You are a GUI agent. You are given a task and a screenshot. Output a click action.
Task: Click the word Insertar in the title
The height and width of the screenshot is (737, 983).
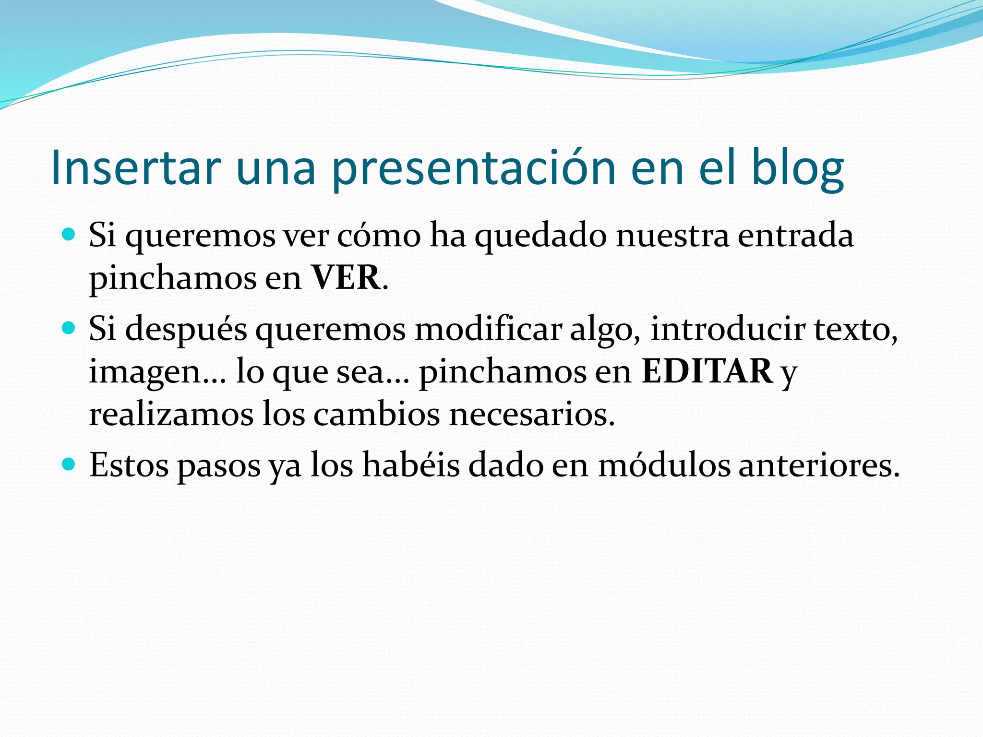coord(135,167)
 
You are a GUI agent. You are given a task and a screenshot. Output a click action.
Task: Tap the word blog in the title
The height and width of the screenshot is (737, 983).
coord(797,167)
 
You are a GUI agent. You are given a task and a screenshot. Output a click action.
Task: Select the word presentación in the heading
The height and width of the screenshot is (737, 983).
coord(473,167)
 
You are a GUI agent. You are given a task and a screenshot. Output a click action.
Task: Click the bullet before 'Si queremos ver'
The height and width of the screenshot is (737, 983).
coord(70,235)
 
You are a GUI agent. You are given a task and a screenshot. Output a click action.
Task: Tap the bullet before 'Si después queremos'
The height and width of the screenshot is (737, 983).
coord(70,328)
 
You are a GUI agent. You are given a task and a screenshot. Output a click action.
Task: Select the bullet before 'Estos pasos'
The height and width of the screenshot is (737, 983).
coord(70,464)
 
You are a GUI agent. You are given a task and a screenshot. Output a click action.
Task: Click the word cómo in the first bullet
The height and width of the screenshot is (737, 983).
coord(379,236)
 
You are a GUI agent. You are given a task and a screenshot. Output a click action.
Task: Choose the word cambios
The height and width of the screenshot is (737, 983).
coord(376,414)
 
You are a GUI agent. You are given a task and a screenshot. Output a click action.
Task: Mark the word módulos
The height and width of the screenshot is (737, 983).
coord(664,465)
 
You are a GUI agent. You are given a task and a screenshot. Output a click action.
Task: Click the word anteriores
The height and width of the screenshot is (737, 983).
coord(818,465)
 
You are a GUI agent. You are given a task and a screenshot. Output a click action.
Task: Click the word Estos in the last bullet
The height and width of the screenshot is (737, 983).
coord(129,465)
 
